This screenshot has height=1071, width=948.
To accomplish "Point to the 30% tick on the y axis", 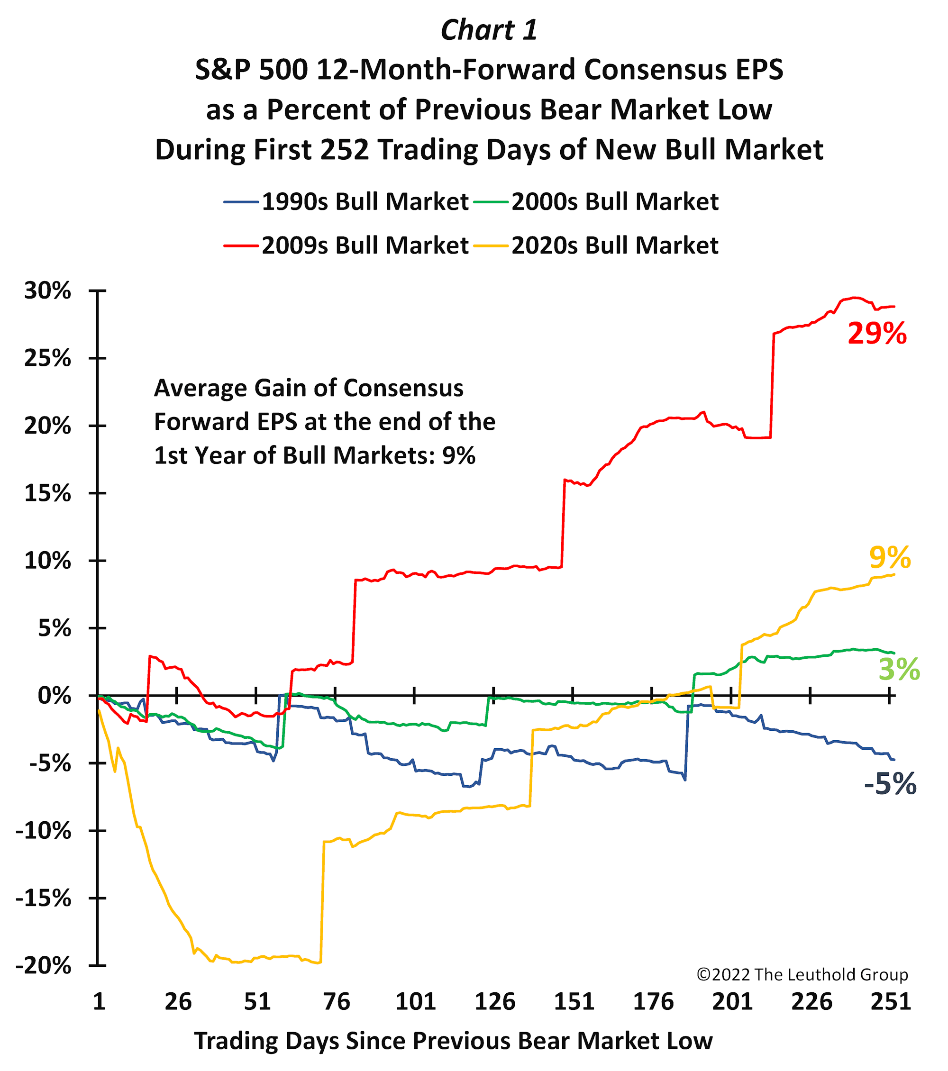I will pos(47,291).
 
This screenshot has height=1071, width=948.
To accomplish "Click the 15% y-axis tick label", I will pos(47,493).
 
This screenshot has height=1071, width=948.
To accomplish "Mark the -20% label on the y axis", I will pos(44,965).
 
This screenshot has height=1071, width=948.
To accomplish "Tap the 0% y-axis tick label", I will pos(54,696).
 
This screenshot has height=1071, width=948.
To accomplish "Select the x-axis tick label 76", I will pos(337,1001).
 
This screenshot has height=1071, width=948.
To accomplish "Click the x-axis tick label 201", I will pos(732,1001).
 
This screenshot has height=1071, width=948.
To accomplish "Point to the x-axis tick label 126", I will pos(495,1001).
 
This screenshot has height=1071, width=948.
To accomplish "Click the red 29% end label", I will pos(877,333).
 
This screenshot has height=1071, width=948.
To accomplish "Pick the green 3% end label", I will pos(899,670).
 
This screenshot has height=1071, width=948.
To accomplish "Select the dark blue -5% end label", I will pos(890,784).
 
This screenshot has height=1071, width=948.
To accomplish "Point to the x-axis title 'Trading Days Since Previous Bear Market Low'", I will pos(453,1041).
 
